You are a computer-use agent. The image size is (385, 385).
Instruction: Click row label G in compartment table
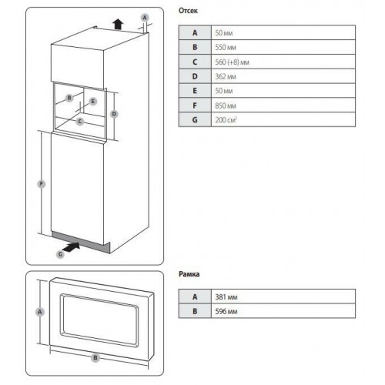coord(195,121)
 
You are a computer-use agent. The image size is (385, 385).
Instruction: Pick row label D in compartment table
coord(195,77)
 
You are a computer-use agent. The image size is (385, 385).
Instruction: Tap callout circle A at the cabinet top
coord(145,16)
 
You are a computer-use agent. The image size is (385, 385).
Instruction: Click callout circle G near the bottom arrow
coord(61,252)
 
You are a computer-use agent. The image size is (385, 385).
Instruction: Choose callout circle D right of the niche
coord(113,114)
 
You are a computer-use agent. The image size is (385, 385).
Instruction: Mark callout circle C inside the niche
coord(79,121)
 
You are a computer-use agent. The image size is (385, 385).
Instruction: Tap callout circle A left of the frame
coord(40,312)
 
